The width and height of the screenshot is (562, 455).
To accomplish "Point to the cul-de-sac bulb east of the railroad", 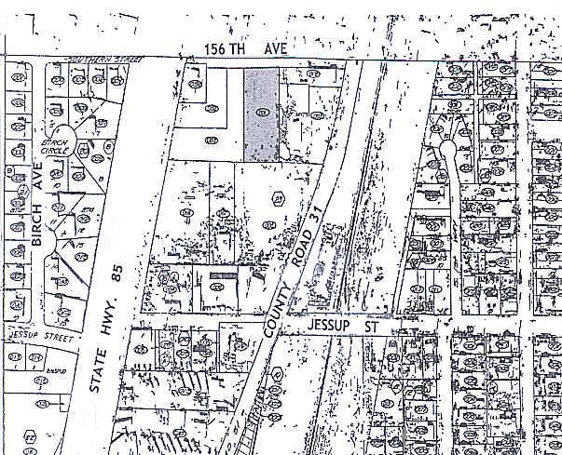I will point(448,148).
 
